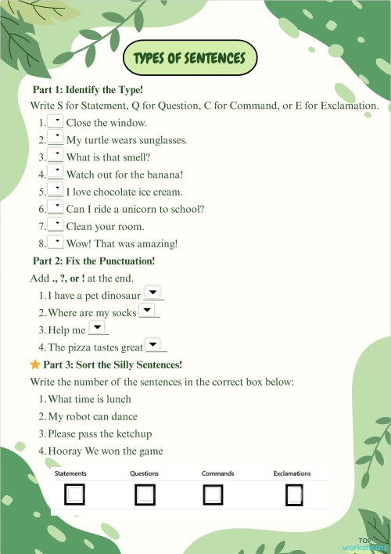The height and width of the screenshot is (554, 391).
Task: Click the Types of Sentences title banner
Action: (x=189, y=58)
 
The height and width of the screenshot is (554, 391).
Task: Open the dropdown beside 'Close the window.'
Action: (x=56, y=121)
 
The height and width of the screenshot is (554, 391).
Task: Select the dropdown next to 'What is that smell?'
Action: (x=56, y=156)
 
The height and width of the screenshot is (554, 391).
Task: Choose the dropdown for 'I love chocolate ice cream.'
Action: (x=56, y=190)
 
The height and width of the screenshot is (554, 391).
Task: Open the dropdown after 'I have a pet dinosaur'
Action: (x=154, y=293)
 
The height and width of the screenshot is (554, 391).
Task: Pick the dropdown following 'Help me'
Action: (x=97, y=328)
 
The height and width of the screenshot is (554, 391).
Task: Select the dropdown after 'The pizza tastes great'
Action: (x=155, y=345)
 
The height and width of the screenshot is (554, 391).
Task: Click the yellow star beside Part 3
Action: (x=34, y=365)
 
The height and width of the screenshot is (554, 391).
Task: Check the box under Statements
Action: (x=75, y=495)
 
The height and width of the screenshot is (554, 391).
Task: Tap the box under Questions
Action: (x=145, y=495)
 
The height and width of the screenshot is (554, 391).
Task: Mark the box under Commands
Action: (x=213, y=495)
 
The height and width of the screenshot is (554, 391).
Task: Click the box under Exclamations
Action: (x=294, y=495)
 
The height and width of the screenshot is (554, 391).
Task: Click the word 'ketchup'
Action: (x=133, y=433)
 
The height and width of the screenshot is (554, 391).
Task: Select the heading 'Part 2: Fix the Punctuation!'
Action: (x=94, y=261)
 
